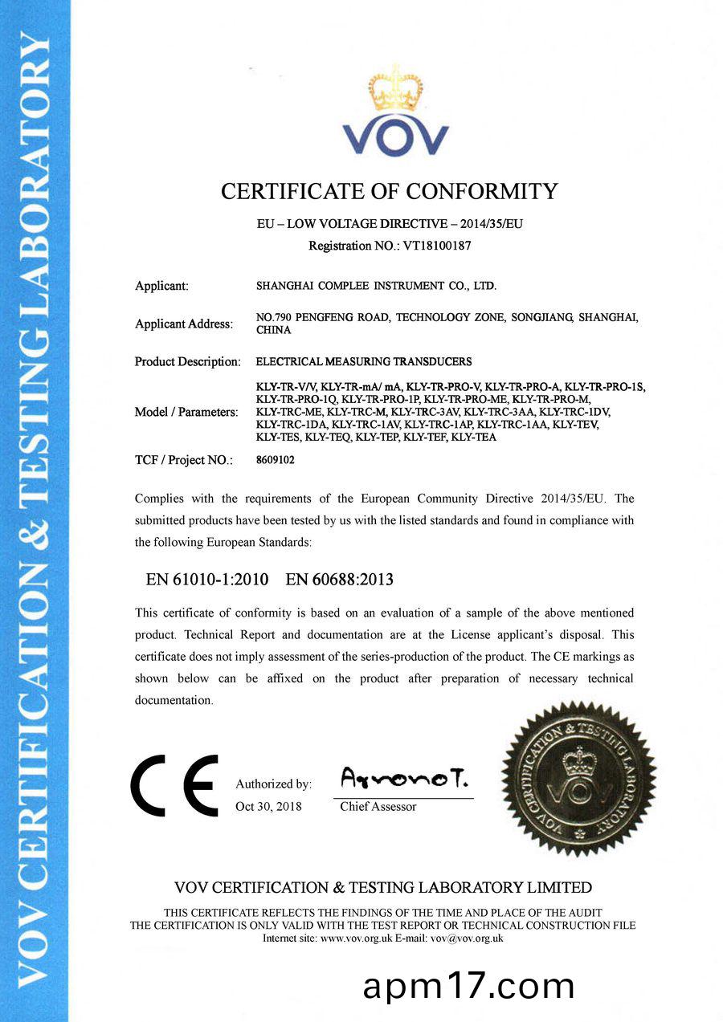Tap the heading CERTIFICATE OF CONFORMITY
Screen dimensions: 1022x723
389,192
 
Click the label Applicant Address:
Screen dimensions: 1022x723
184,324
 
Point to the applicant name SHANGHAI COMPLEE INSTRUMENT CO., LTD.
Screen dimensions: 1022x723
376,286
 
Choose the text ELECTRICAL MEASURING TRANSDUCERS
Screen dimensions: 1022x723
364,361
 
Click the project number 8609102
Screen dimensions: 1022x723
270,461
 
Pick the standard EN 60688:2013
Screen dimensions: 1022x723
340,579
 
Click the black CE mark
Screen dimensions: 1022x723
174,784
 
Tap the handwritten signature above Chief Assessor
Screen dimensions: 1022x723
404,777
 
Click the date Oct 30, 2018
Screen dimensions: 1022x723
268,806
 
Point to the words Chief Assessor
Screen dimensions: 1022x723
378,806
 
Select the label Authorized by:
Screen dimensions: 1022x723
273,784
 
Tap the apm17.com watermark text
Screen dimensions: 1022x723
468,986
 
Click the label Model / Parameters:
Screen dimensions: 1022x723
186,412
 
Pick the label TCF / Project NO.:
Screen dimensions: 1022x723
184,461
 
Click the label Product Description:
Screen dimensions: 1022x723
187,362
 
